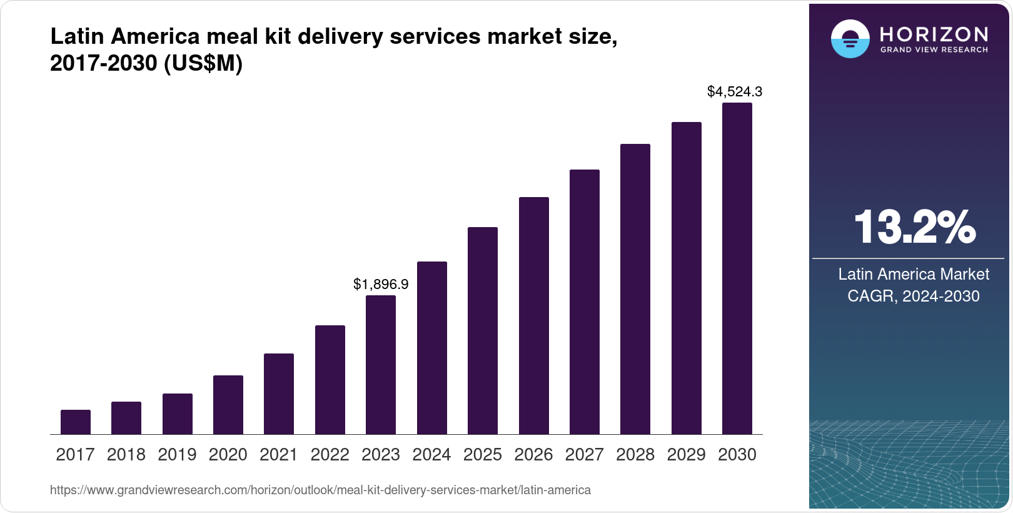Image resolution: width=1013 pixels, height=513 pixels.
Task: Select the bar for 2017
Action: click(76, 422)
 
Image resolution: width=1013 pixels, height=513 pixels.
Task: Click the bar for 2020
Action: click(228, 405)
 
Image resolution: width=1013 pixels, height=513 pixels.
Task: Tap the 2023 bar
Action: click(381, 365)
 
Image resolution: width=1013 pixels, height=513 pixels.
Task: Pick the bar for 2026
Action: click(534, 316)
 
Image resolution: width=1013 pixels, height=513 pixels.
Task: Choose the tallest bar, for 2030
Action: click(737, 269)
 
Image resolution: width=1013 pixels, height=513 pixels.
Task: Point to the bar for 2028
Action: click(635, 289)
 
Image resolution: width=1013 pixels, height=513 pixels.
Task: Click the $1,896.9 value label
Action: click(381, 285)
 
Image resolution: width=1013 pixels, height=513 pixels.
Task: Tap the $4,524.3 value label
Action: click(735, 92)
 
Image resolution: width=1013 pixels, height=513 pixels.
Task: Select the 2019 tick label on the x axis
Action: click(177, 455)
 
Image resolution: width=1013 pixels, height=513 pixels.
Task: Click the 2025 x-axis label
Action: click(483, 455)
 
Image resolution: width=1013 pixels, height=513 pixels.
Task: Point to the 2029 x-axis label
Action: click(686, 455)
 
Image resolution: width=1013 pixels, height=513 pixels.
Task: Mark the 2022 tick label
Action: click(330, 455)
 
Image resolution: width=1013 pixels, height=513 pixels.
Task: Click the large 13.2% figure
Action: click(914, 227)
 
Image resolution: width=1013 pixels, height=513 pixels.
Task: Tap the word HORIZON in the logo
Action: click(934, 34)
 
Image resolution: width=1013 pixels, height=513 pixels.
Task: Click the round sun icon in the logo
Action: click(850, 39)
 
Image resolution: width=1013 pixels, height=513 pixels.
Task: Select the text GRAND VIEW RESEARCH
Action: click(934, 49)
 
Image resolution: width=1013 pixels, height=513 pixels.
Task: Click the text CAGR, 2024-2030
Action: click(914, 296)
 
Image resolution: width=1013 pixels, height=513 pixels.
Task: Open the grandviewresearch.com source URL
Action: click(320, 490)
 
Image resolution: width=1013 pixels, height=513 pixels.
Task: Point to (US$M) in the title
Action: click(203, 64)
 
